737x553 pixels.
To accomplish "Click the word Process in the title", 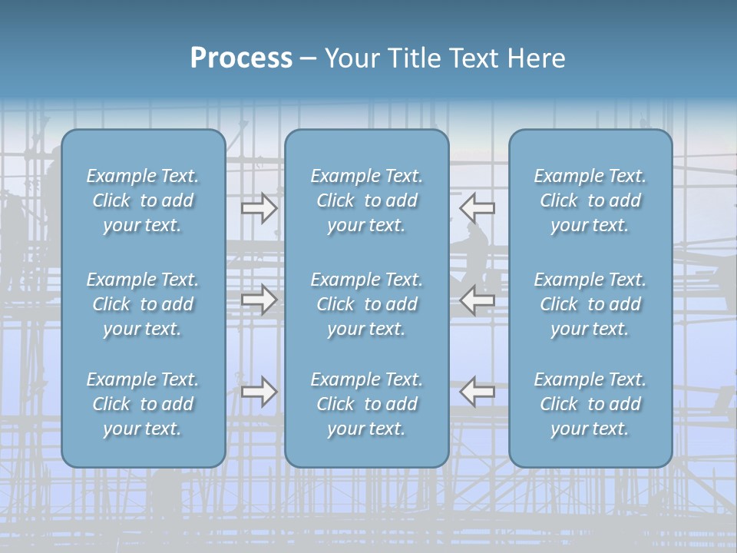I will click(241, 58).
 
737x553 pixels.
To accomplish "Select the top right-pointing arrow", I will click(259, 207).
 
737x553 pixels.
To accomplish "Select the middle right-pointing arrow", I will click(259, 300).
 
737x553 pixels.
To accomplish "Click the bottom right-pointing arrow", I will click(259, 392).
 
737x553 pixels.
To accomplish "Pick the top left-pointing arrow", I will click(477, 207).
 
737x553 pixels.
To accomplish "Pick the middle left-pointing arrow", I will click(477, 300).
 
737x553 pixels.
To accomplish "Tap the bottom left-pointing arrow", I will click(477, 392).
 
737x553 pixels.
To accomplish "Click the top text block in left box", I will click(143, 200).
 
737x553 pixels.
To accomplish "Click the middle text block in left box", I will click(143, 304).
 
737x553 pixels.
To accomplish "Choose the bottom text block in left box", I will click(143, 404).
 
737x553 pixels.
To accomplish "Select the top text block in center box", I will click(366, 200).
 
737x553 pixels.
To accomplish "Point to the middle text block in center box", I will click(366, 304).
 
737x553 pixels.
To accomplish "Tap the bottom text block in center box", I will click(366, 404).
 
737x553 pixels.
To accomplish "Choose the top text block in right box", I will click(590, 200).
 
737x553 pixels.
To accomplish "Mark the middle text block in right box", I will click(590, 304).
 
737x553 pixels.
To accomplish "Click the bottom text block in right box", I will click(590, 404).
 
